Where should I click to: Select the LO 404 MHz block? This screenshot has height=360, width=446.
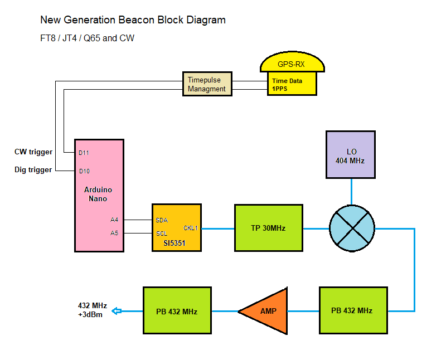click(351, 155)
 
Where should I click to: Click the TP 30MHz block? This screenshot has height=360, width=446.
click(268, 228)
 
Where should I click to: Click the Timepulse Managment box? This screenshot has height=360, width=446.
click(206, 85)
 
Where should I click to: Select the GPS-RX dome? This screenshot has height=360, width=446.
click(292, 64)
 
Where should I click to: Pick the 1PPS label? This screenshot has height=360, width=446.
click(280, 89)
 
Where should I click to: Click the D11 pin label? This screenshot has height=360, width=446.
click(84, 152)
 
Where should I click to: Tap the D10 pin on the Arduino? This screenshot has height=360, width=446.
click(84, 171)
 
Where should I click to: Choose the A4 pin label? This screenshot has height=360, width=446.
click(114, 220)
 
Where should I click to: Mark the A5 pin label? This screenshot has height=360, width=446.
click(114, 233)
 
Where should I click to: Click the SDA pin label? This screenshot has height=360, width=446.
click(162, 220)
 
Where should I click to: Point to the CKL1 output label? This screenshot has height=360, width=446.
click(191, 228)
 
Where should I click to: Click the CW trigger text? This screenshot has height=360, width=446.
click(33, 152)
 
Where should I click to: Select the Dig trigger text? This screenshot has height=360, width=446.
click(33, 170)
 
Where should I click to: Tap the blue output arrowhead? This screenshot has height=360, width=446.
click(116, 311)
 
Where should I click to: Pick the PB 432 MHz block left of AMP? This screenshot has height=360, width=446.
click(177, 311)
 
